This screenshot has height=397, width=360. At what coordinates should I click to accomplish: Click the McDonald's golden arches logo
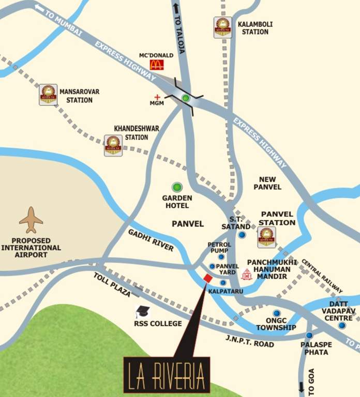point(157,65)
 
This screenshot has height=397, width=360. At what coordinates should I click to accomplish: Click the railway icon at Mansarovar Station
point(48,95)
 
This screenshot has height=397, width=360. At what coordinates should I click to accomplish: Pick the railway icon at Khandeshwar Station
point(113,145)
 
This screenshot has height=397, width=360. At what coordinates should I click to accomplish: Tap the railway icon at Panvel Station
point(267,237)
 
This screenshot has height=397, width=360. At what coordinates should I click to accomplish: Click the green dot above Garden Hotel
point(177,187)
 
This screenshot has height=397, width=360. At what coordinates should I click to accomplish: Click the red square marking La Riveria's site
point(207,279)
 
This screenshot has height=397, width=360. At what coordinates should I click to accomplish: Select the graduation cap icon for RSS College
point(142,312)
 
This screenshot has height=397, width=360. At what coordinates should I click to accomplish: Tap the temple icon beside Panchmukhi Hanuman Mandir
point(247,274)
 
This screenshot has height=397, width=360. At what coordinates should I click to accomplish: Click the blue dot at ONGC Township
point(276,313)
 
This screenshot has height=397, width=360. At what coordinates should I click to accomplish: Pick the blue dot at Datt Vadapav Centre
point(342,325)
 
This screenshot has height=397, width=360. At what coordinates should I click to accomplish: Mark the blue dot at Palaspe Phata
point(309,335)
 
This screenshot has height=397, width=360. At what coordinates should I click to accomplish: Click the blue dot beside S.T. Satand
point(242,235)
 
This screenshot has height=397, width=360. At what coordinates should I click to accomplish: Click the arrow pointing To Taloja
point(176,8)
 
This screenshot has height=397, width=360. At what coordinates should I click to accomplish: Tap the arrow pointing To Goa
point(302,386)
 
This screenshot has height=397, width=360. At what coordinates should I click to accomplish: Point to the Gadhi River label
point(151,240)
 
